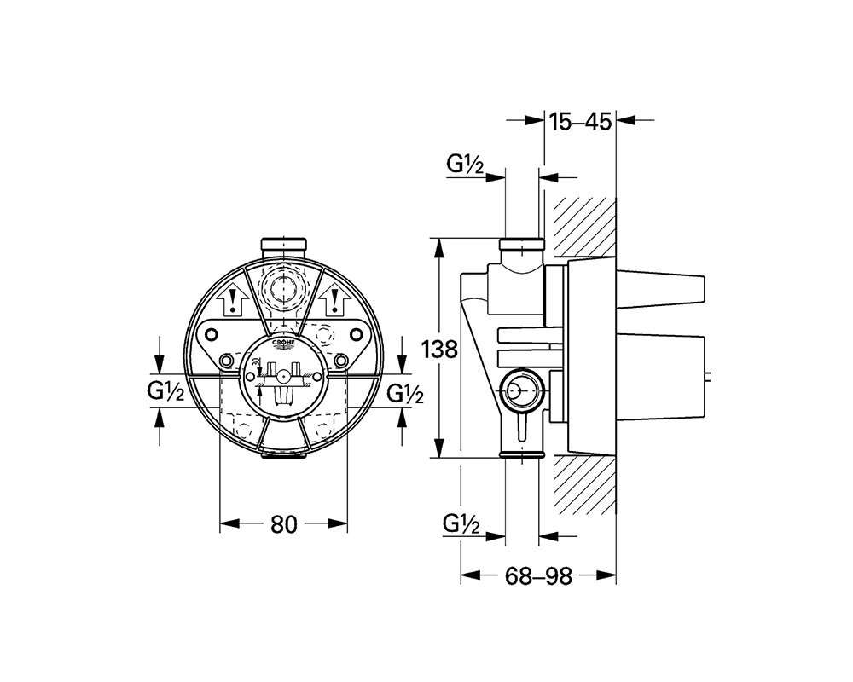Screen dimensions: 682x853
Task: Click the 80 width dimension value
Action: click(x=284, y=525)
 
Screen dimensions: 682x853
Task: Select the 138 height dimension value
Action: click(x=440, y=349)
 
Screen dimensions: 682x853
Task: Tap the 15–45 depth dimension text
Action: click(x=580, y=122)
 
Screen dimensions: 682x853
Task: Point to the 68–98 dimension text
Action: click(x=537, y=576)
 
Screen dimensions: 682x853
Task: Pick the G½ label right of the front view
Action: click(x=406, y=393)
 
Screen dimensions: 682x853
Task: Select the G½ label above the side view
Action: click(x=465, y=166)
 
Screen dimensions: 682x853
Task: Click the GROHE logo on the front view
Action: click(x=284, y=344)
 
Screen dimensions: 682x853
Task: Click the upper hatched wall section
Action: click(x=584, y=226)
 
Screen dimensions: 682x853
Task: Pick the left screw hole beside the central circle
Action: click(x=227, y=361)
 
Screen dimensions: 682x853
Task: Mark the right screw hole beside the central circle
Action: click(x=341, y=361)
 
